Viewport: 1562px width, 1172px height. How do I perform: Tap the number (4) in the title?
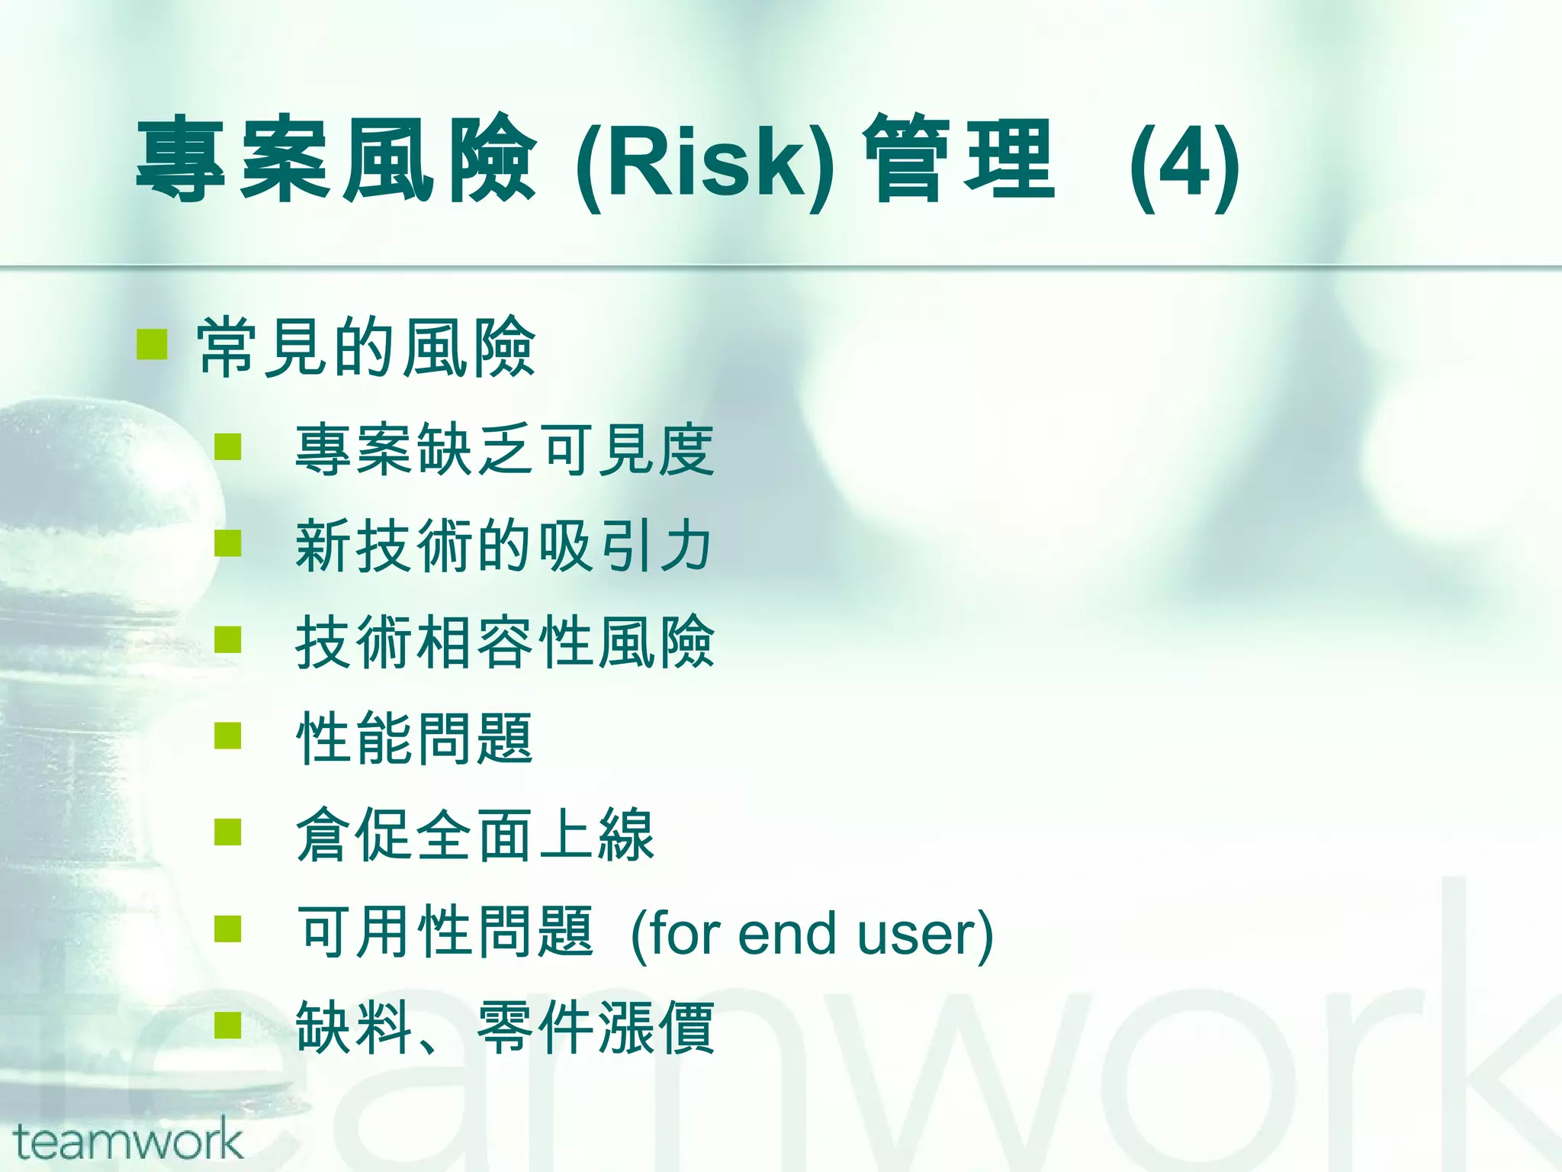(x=1184, y=163)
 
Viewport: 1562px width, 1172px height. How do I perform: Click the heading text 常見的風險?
(x=366, y=348)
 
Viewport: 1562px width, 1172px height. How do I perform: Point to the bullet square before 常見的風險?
(x=152, y=344)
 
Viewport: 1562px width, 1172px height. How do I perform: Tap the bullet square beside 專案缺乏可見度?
(x=228, y=446)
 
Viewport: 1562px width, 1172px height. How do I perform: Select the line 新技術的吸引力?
(x=503, y=546)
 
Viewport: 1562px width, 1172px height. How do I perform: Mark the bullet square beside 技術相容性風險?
(x=228, y=639)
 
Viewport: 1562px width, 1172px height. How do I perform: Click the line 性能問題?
(x=414, y=739)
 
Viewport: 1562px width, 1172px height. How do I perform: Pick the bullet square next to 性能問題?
(x=228, y=736)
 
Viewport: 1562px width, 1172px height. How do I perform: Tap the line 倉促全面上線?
(x=475, y=835)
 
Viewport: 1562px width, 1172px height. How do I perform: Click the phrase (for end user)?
(x=812, y=934)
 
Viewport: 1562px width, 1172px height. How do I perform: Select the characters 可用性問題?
(x=445, y=932)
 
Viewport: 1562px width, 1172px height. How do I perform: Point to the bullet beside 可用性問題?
(x=228, y=929)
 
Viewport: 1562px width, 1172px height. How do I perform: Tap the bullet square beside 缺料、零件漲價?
(x=228, y=1025)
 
